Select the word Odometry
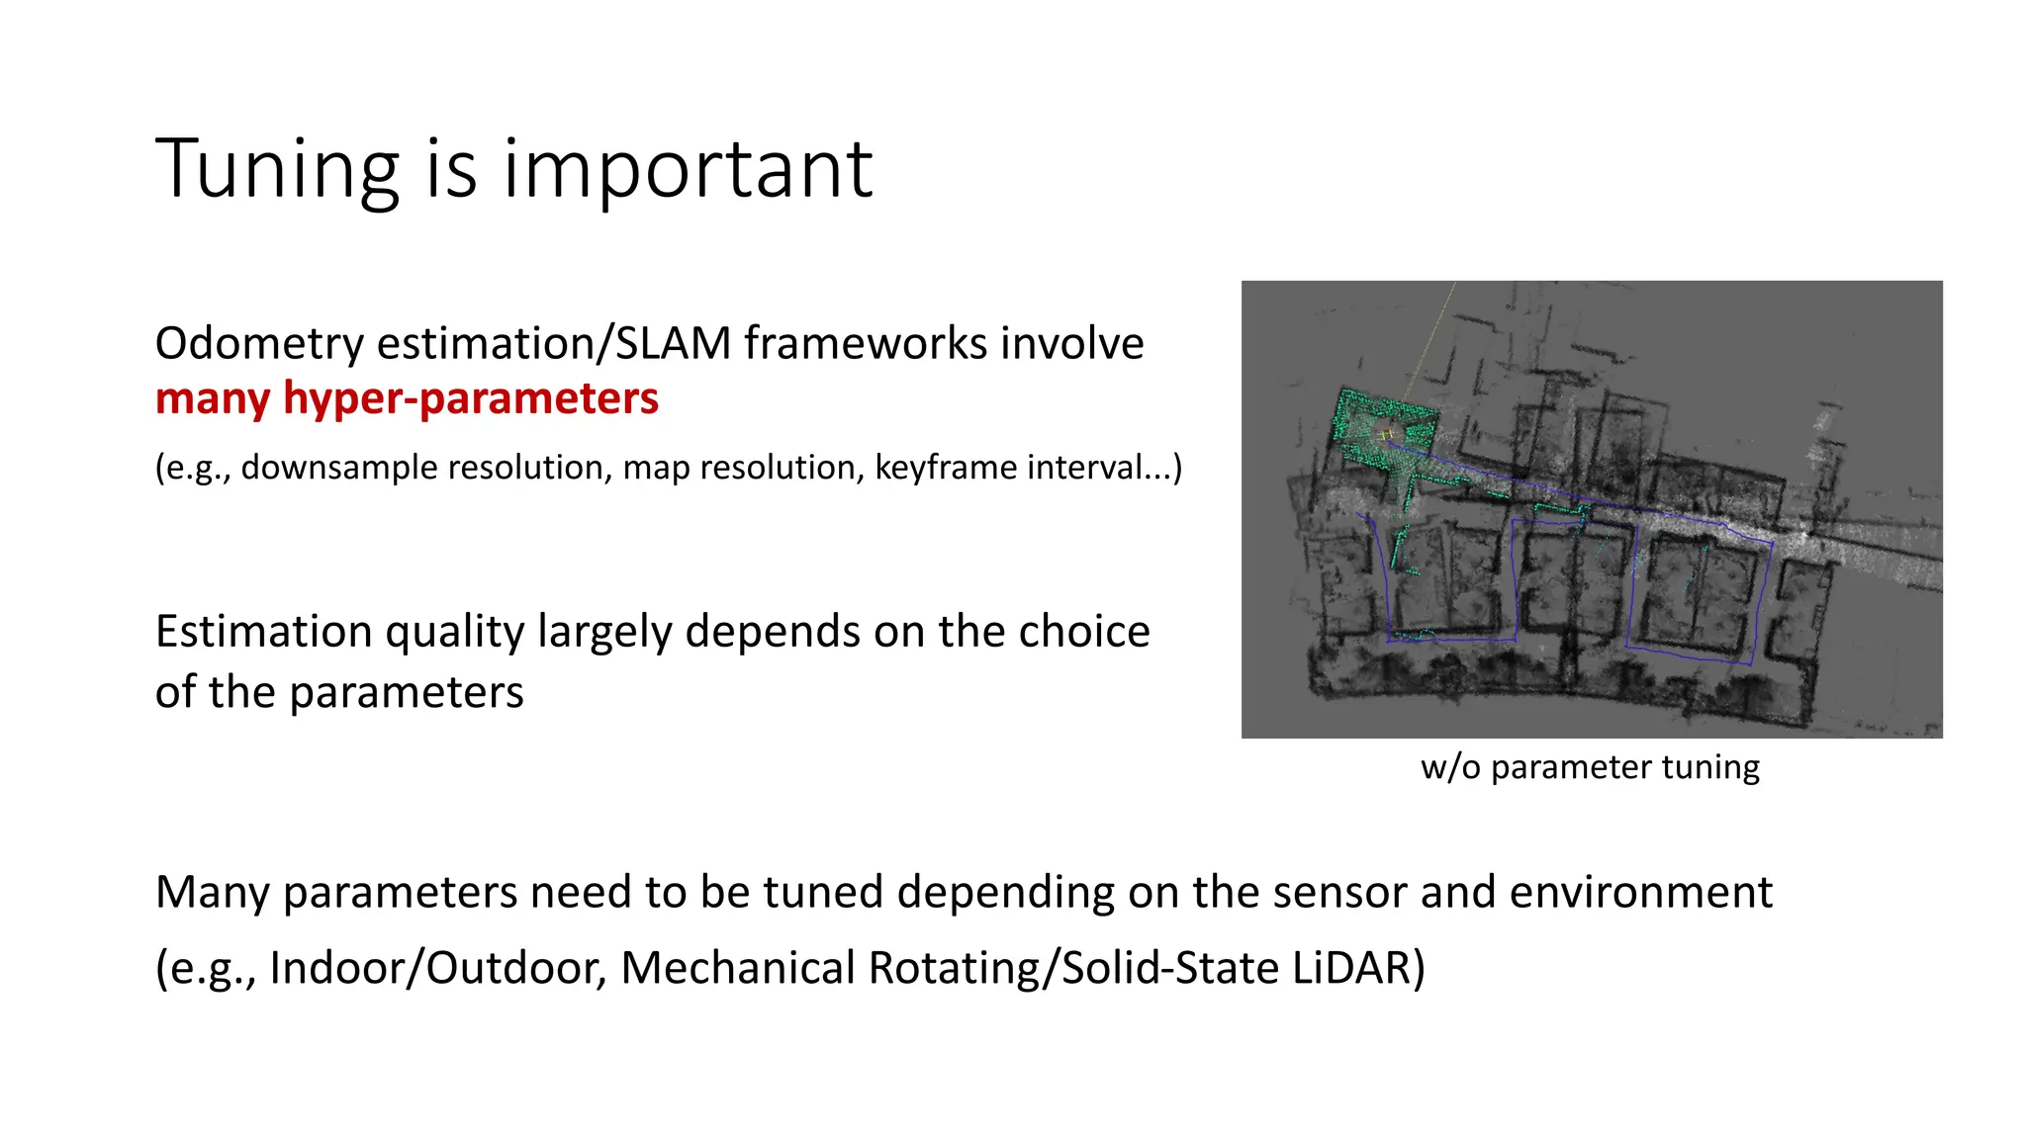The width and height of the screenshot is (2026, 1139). tap(260, 344)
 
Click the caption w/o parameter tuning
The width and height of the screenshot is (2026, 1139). tap(1590, 767)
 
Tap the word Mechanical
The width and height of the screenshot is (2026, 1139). tap(738, 968)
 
